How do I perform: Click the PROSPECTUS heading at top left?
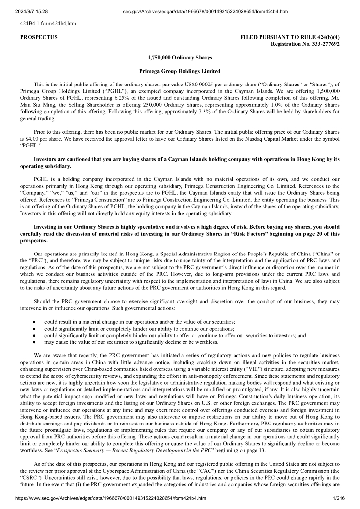(39, 37)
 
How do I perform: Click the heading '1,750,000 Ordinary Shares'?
(180, 58)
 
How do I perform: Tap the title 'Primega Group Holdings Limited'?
(180, 71)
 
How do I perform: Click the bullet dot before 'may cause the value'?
(34, 342)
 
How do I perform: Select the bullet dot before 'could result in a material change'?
(34, 322)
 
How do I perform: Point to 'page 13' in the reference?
(255, 450)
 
